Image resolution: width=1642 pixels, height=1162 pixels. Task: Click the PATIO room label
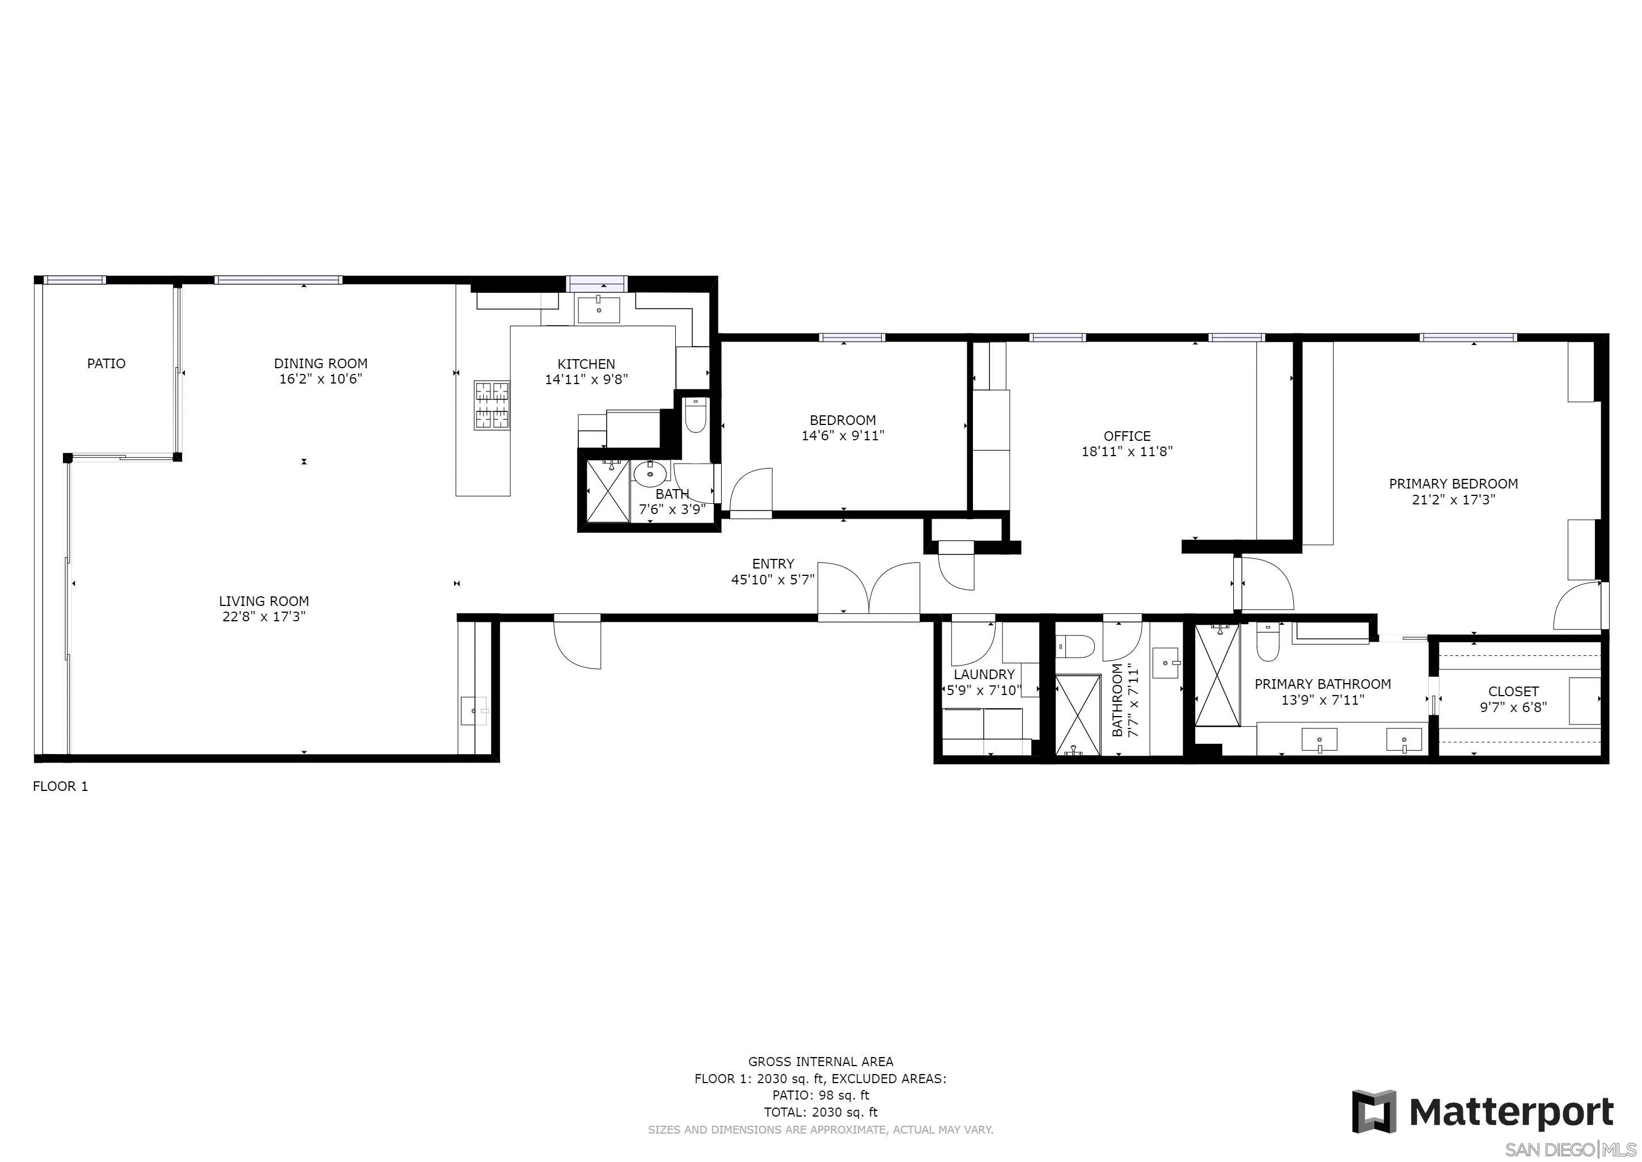(x=106, y=364)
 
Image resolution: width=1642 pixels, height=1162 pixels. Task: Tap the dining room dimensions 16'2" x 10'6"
(x=320, y=379)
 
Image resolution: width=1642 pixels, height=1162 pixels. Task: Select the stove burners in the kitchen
(x=492, y=405)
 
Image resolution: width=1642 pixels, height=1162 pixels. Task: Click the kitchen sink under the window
(x=599, y=310)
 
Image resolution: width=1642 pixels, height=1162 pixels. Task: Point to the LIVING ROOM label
(x=264, y=601)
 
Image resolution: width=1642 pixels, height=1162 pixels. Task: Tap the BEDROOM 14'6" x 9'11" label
(x=843, y=428)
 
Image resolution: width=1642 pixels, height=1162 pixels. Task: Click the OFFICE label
(x=1127, y=436)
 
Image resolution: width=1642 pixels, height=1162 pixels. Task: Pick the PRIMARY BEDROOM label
(x=1453, y=483)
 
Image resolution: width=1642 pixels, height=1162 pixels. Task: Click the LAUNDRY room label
(x=984, y=674)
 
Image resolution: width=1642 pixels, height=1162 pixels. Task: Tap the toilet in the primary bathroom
(x=1267, y=645)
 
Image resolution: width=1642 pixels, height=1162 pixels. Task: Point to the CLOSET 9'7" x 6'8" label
(x=1513, y=699)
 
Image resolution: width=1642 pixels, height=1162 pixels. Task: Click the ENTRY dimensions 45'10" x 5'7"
(x=772, y=579)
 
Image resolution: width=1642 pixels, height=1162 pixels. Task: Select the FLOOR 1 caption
(x=61, y=786)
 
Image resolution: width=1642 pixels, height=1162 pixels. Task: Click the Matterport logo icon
(x=1373, y=1112)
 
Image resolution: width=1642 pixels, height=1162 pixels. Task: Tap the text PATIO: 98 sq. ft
(x=820, y=1094)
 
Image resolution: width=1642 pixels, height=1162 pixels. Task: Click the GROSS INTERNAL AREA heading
(x=820, y=1062)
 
